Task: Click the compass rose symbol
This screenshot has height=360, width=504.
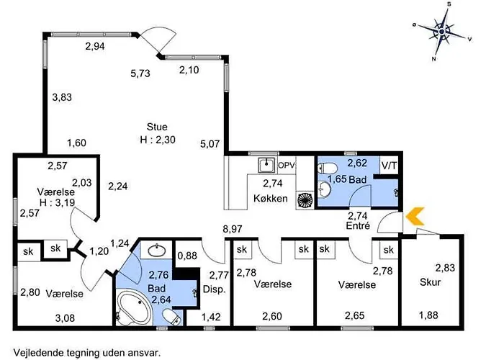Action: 442,32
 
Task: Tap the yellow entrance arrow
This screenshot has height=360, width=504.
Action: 415,216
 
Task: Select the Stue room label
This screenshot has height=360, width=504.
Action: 157,127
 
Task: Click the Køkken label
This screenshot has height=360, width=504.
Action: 270,198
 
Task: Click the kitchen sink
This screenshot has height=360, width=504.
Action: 266,165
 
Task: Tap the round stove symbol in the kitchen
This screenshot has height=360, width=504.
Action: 305,200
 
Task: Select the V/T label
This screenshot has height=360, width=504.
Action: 389,166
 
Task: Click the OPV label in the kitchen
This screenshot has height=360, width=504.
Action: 286,166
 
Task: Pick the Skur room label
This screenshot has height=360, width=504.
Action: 430,282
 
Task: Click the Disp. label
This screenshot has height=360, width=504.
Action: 215,289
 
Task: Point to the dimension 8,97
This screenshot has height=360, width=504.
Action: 233,229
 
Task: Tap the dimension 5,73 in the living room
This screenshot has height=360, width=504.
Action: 140,73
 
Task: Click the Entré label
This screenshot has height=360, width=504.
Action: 358,225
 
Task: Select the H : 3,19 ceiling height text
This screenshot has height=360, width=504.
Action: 57,202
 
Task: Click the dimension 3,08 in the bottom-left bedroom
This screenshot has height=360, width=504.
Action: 65,318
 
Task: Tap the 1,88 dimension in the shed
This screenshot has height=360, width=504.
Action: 428,315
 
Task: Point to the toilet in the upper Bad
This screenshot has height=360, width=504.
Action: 328,168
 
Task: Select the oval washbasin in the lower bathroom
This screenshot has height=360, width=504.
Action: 156,249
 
